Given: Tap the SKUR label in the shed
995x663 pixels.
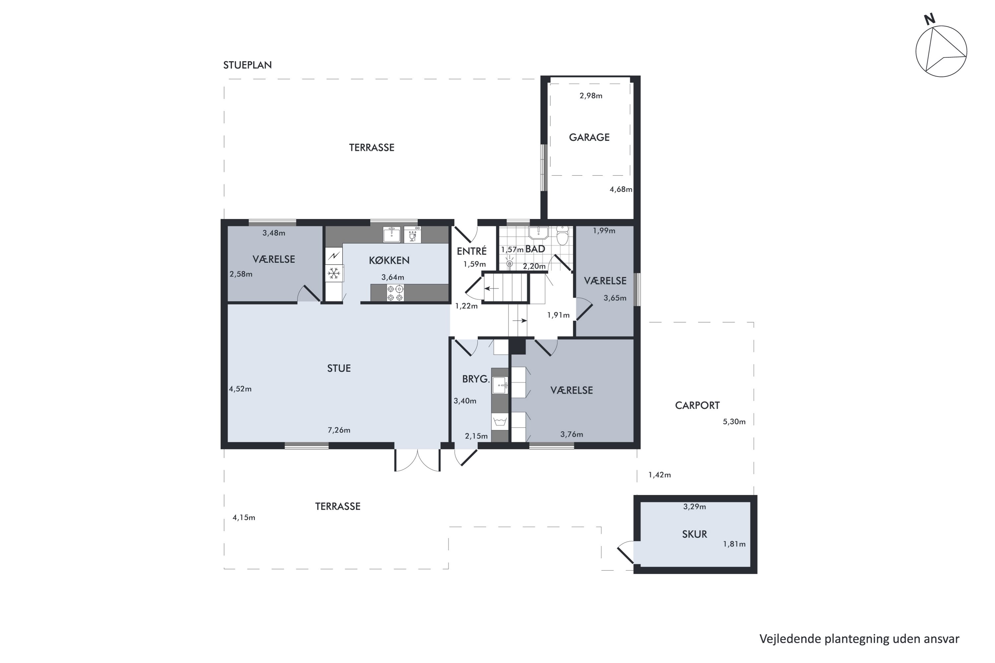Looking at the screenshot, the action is [x=694, y=534].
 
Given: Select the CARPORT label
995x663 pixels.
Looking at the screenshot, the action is [x=697, y=405].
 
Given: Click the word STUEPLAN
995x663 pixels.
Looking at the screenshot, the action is [x=247, y=65].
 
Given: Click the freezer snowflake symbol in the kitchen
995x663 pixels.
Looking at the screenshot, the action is [x=334, y=273].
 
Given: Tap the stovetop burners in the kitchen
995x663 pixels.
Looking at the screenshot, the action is [x=395, y=293].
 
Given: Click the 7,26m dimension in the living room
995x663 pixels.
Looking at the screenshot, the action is [x=339, y=430].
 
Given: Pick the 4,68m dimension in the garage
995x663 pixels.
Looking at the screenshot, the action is [x=621, y=189].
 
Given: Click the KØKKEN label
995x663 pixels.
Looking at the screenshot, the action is [x=389, y=260].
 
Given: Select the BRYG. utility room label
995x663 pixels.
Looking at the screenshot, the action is [x=476, y=379].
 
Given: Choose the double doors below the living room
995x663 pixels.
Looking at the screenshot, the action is [x=418, y=459].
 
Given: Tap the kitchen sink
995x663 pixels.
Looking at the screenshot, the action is [x=392, y=235].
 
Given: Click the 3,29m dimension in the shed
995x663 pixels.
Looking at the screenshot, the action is [x=694, y=506].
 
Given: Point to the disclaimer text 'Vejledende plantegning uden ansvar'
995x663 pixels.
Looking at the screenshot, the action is [x=859, y=638].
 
